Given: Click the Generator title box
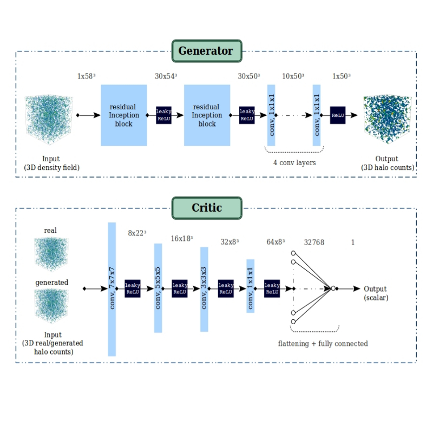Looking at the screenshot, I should (x=206, y=51).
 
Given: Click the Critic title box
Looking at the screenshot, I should (x=207, y=208).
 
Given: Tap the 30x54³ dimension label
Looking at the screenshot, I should (x=166, y=76).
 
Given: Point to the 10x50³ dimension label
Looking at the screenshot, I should (x=293, y=76).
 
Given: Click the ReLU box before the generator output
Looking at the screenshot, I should (x=338, y=115).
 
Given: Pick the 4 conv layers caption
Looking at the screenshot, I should (x=294, y=162).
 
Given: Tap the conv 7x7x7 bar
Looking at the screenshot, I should (x=112, y=289).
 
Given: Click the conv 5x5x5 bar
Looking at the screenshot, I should (x=158, y=288).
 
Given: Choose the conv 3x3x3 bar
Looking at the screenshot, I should (x=204, y=289).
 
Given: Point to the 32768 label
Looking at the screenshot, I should (x=314, y=242).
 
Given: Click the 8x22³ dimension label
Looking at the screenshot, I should (x=137, y=233).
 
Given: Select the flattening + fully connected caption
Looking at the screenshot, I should (x=323, y=344).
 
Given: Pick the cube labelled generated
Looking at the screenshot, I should (x=51, y=305).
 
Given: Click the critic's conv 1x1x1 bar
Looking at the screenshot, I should (x=250, y=286).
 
